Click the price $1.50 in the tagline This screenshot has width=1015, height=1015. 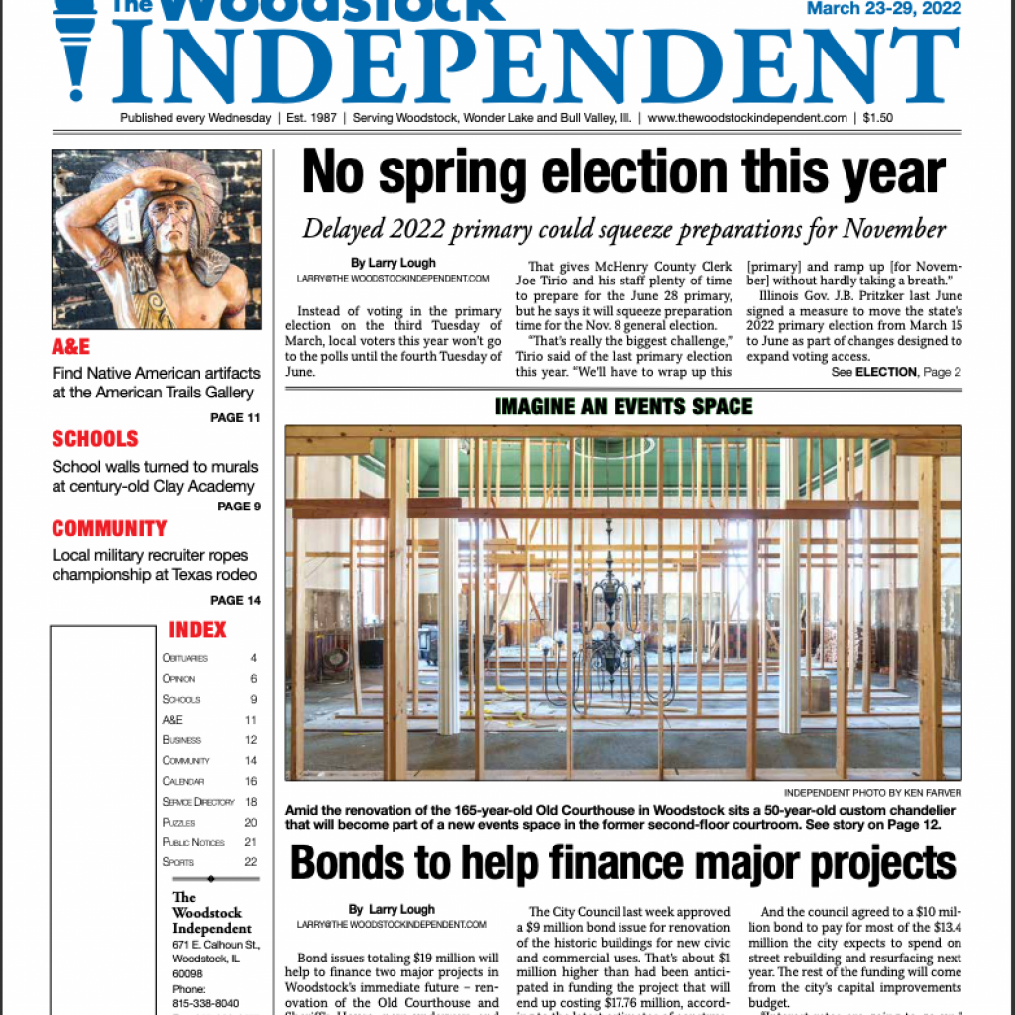[877, 118]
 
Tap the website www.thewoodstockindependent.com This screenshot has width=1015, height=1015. [747, 118]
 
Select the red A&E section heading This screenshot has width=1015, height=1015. [70, 347]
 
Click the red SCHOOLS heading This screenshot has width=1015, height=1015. [95, 439]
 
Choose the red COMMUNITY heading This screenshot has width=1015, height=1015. [109, 528]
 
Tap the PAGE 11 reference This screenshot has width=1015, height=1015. [235, 418]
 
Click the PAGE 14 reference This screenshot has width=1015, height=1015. [235, 600]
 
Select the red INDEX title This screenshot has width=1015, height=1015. [197, 630]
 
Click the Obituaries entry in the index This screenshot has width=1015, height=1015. [185, 658]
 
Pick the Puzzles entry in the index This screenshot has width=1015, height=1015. [179, 822]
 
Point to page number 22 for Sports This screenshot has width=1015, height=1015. [250, 862]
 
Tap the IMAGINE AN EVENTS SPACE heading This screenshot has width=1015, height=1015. [622, 406]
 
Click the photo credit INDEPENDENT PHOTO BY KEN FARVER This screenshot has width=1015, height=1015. [872, 793]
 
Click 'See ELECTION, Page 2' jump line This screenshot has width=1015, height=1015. [896, 372]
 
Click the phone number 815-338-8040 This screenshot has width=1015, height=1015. [206, 1002]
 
